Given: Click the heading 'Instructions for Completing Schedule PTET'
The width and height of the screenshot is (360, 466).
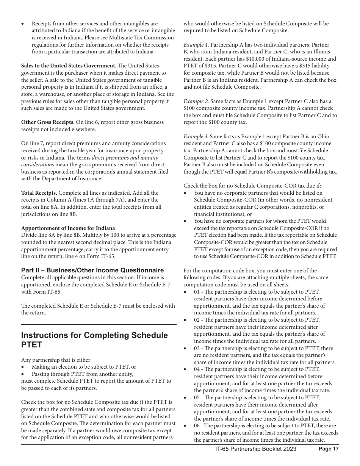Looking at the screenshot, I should point(94,340).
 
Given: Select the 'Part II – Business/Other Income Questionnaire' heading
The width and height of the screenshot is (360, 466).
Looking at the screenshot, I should point(92,270).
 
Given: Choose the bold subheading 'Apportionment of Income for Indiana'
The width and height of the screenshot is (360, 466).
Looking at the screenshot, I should point(68,228).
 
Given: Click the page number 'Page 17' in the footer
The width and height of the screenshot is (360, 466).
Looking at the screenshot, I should point(329,449).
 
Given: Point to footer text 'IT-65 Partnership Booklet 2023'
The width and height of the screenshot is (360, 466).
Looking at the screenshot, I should point(253,449).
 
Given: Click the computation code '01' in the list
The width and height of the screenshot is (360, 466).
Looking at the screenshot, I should point(197,292).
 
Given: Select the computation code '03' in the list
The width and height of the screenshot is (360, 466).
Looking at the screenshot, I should point(197,348).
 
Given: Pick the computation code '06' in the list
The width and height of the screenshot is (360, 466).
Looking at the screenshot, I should point(197,426).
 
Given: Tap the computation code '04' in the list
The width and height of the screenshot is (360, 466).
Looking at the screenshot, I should point(197,369).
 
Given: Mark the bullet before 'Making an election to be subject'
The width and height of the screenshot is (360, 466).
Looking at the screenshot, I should point(23,367).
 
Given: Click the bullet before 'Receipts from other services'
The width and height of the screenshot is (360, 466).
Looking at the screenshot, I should point(23,24).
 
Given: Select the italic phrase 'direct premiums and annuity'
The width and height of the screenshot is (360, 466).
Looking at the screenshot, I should point(125,158).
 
